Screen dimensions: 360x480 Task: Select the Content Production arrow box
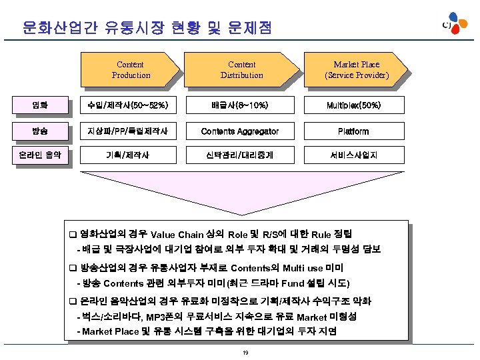pyautogui.click(x=130, y=70)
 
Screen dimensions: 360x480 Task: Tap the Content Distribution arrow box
pyautogui.click(x=241, y=70)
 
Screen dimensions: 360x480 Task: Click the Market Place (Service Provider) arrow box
pyautogui.click(x=357, y=70)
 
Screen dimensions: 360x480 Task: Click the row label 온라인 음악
pyautogui.click(x=41, y=156)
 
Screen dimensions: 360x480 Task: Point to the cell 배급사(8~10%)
pyautogui.click(x=240, y=105)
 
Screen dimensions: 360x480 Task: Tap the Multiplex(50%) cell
pyautogui.click(x=353, y=105)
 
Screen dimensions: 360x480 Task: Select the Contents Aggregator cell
pyautogui.click(x=240, y=131)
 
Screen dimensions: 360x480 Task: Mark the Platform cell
pyautogui.click(x=353, y=131)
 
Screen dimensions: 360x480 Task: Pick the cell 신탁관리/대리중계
pyautogui.click(x=240, y=156)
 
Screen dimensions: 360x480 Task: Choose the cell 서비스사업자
pyautogui.click(x=353, y=156)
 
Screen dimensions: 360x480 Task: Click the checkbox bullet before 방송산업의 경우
pyautogui.click(x=73, y=268)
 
